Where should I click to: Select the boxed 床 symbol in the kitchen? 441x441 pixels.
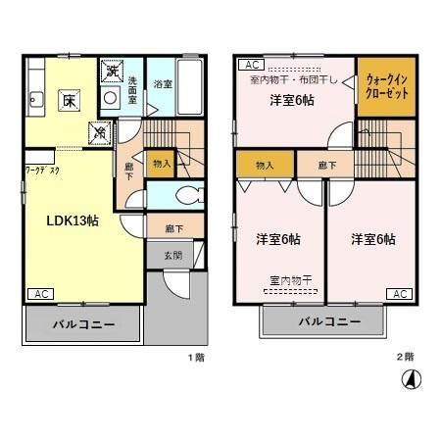[70, 99]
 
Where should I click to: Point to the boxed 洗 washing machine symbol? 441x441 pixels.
[112, 72]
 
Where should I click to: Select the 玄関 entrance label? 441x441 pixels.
[172, 256]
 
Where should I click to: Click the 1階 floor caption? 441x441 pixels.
[196, 357]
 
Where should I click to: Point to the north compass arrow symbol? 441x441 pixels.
[413, 377]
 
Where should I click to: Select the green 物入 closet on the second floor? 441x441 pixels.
[264, 165]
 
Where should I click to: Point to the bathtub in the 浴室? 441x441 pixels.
[190, 85]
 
